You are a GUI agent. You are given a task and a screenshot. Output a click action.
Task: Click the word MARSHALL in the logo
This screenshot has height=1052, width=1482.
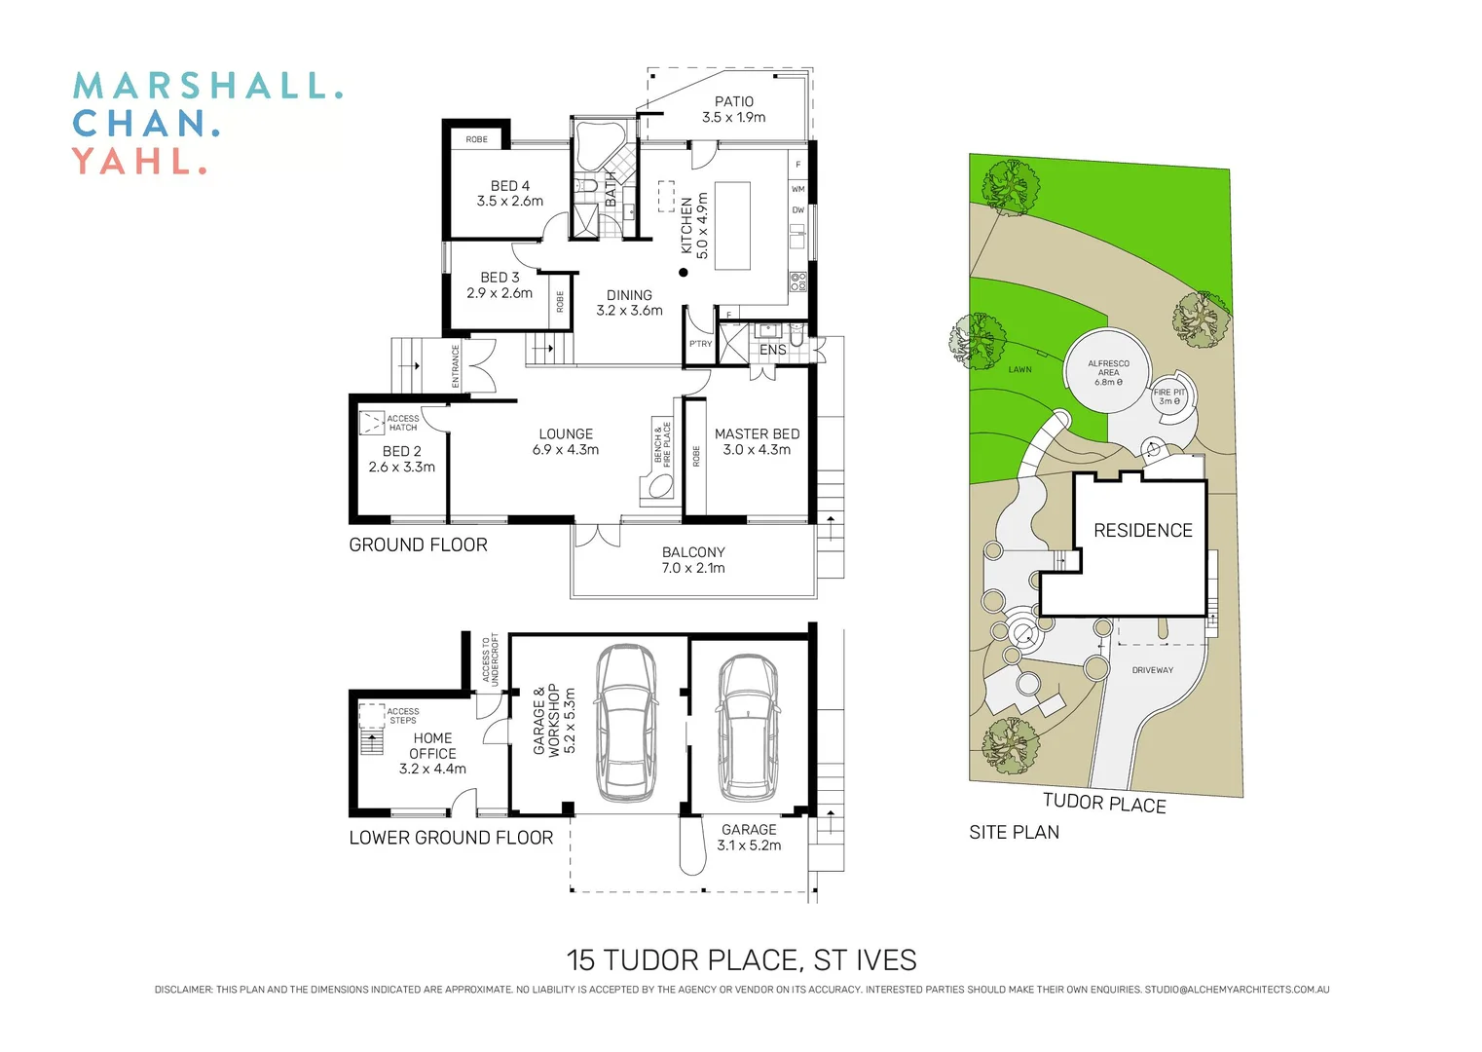[207, 86]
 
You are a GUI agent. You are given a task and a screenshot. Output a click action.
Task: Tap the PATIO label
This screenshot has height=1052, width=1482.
[733, 101]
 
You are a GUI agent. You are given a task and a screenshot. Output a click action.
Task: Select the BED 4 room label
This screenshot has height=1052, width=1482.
[509, 185]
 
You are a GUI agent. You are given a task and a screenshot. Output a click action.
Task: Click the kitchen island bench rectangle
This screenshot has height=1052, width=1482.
[732, 225]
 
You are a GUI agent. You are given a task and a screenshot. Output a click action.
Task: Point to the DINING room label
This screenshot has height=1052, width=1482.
[629, 295]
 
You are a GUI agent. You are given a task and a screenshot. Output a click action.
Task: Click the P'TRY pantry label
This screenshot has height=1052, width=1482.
[700, 344]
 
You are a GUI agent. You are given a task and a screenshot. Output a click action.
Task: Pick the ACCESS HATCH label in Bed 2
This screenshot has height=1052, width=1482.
[402, 423]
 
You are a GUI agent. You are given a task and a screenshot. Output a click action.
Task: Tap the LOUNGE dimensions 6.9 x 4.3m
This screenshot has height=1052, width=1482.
[566, 450]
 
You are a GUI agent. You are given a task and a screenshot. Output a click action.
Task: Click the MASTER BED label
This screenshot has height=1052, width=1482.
[757, 433]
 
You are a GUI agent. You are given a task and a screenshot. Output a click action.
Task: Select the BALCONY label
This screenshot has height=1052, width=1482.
[693, 551]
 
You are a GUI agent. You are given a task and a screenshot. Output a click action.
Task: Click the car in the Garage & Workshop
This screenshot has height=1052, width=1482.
[625, 723]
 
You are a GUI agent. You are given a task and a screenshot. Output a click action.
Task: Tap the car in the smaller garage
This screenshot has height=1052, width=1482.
[748, 723]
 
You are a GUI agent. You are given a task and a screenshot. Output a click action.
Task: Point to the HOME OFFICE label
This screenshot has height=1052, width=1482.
[432, 745]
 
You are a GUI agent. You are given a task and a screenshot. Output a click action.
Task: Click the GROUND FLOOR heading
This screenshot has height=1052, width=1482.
[418, 545]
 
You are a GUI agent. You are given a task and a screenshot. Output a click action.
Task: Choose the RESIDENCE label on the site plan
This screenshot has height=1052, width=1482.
[1142, 530]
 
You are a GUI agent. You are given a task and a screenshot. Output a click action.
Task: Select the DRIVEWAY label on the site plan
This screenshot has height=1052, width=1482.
[1152, 670]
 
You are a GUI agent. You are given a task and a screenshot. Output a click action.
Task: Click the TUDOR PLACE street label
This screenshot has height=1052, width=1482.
[1104, 803]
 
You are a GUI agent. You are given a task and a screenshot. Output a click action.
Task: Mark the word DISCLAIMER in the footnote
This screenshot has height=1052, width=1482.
[183, 990]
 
